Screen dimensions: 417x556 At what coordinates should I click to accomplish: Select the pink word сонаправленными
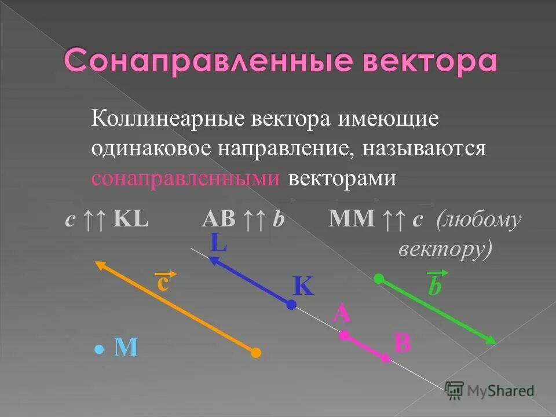186,178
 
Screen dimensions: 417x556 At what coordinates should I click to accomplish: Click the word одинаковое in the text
151,149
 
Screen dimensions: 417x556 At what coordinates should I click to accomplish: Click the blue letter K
302,286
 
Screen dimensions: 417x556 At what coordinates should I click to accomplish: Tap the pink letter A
342,314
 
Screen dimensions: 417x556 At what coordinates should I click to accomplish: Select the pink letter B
402,343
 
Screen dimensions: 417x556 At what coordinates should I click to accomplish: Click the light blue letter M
126,348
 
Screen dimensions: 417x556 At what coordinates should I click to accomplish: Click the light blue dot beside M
99,350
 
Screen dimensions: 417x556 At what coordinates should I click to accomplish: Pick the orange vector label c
163,284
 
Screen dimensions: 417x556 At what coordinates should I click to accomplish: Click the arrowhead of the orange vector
100,265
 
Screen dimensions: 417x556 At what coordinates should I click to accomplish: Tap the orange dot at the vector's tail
255,352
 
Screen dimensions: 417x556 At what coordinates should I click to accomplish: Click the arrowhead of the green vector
491,341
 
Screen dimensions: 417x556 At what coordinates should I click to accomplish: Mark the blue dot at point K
291,303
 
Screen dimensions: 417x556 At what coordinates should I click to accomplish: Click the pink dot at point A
344,335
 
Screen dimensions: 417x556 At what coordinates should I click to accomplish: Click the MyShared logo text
500,390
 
